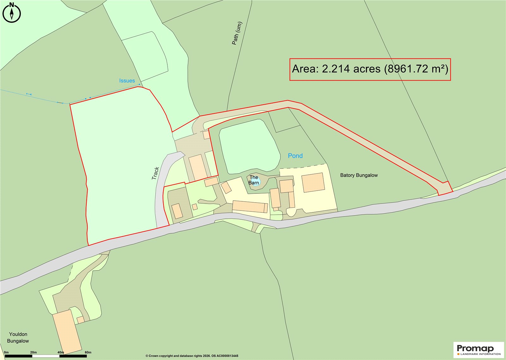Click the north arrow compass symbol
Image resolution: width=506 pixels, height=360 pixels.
tap(12, 13)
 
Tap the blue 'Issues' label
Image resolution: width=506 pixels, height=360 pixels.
tap(127, 81)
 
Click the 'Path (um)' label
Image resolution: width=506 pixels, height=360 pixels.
tap(237, 33)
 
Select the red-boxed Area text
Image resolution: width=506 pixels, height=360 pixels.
tap(370, 69)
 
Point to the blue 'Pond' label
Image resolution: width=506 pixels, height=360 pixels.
tap(295, 156)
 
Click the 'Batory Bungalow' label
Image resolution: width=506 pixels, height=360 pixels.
tap(359, 175)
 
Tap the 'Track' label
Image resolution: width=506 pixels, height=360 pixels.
tap(155, 174)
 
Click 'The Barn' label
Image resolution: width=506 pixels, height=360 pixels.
tap(254, 180)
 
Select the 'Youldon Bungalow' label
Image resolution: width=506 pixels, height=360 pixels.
tap(18, 338)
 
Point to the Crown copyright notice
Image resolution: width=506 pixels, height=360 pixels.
tap(192, 356)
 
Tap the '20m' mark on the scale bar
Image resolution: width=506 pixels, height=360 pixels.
tap(33, 352)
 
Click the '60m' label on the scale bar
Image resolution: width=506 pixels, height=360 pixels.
tap(88, 352)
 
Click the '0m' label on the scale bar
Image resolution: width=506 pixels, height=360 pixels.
tap(6, 352)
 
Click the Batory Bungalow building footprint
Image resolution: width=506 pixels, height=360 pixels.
tap(313, 182)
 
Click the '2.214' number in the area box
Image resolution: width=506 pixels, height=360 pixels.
tap(336, 69)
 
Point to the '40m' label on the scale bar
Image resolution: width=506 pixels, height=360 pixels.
tap(60, 352)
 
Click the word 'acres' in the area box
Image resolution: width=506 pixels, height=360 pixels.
tap(367, 69)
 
